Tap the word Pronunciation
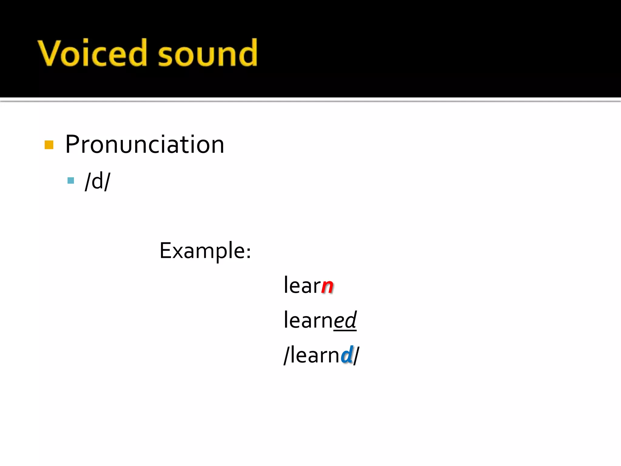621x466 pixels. coord(145,144)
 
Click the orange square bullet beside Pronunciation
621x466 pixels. coord(49,145)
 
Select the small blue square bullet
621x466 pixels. coord(71,181)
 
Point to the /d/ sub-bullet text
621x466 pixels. coord(98,181)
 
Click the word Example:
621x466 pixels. coord(205,251)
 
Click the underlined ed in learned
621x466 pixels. coord(345,320)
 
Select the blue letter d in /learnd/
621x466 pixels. coord(347,355)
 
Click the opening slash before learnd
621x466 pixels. coord(286,355)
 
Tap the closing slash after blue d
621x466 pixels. coord(356,355)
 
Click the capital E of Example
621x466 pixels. coord(166,251)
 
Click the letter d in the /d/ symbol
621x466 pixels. coord(97,181)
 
